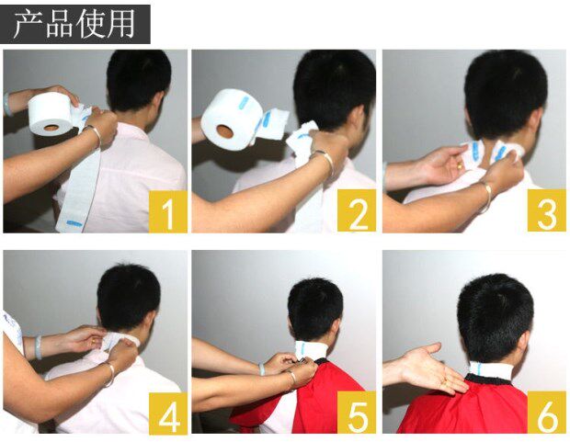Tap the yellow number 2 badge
(x=357, y=210)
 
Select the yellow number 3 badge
(x=547, y=210)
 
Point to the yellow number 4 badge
(x=168, y=414)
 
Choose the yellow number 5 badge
(x=357, y=413)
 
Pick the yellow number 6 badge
(x=547, y=413)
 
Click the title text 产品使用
(x=74, y=25)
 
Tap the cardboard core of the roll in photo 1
(x=51, y=128)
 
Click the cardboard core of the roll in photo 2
(x=224, y=131)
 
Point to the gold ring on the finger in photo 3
(x=460, y=167)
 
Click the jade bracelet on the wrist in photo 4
(x=39, y=346)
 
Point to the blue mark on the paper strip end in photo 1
(x=74, y=221)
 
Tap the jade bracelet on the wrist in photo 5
(x=262, y=368)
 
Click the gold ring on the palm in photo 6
(x=445, y=382)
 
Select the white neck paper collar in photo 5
(x=311, y=350)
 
